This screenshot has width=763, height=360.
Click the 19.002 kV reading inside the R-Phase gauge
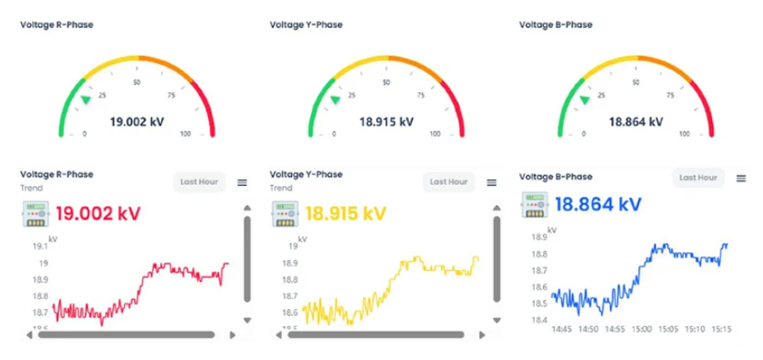click(137, 121)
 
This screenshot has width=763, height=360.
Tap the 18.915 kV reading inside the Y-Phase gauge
click(386, 121)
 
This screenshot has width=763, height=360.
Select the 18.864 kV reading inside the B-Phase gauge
click(636, 121)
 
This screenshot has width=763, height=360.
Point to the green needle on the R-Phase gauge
click(86, 99)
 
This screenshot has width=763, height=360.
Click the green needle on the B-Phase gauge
click(584, 99)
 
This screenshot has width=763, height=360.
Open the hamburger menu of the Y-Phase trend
click(491, 182)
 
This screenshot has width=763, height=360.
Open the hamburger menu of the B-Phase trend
click(741, 178)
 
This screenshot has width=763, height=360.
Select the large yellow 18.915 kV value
click(345, 212)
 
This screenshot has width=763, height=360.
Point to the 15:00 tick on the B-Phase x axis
click(641, 329)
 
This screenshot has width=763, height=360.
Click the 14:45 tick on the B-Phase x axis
click(563, 329)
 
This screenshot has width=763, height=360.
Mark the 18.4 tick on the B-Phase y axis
click(539, 319)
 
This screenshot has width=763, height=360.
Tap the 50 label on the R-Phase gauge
click(137, 82)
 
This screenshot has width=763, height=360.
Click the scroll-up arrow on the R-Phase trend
click(247, 208)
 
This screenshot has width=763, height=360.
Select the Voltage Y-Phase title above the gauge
click(306, 25)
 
